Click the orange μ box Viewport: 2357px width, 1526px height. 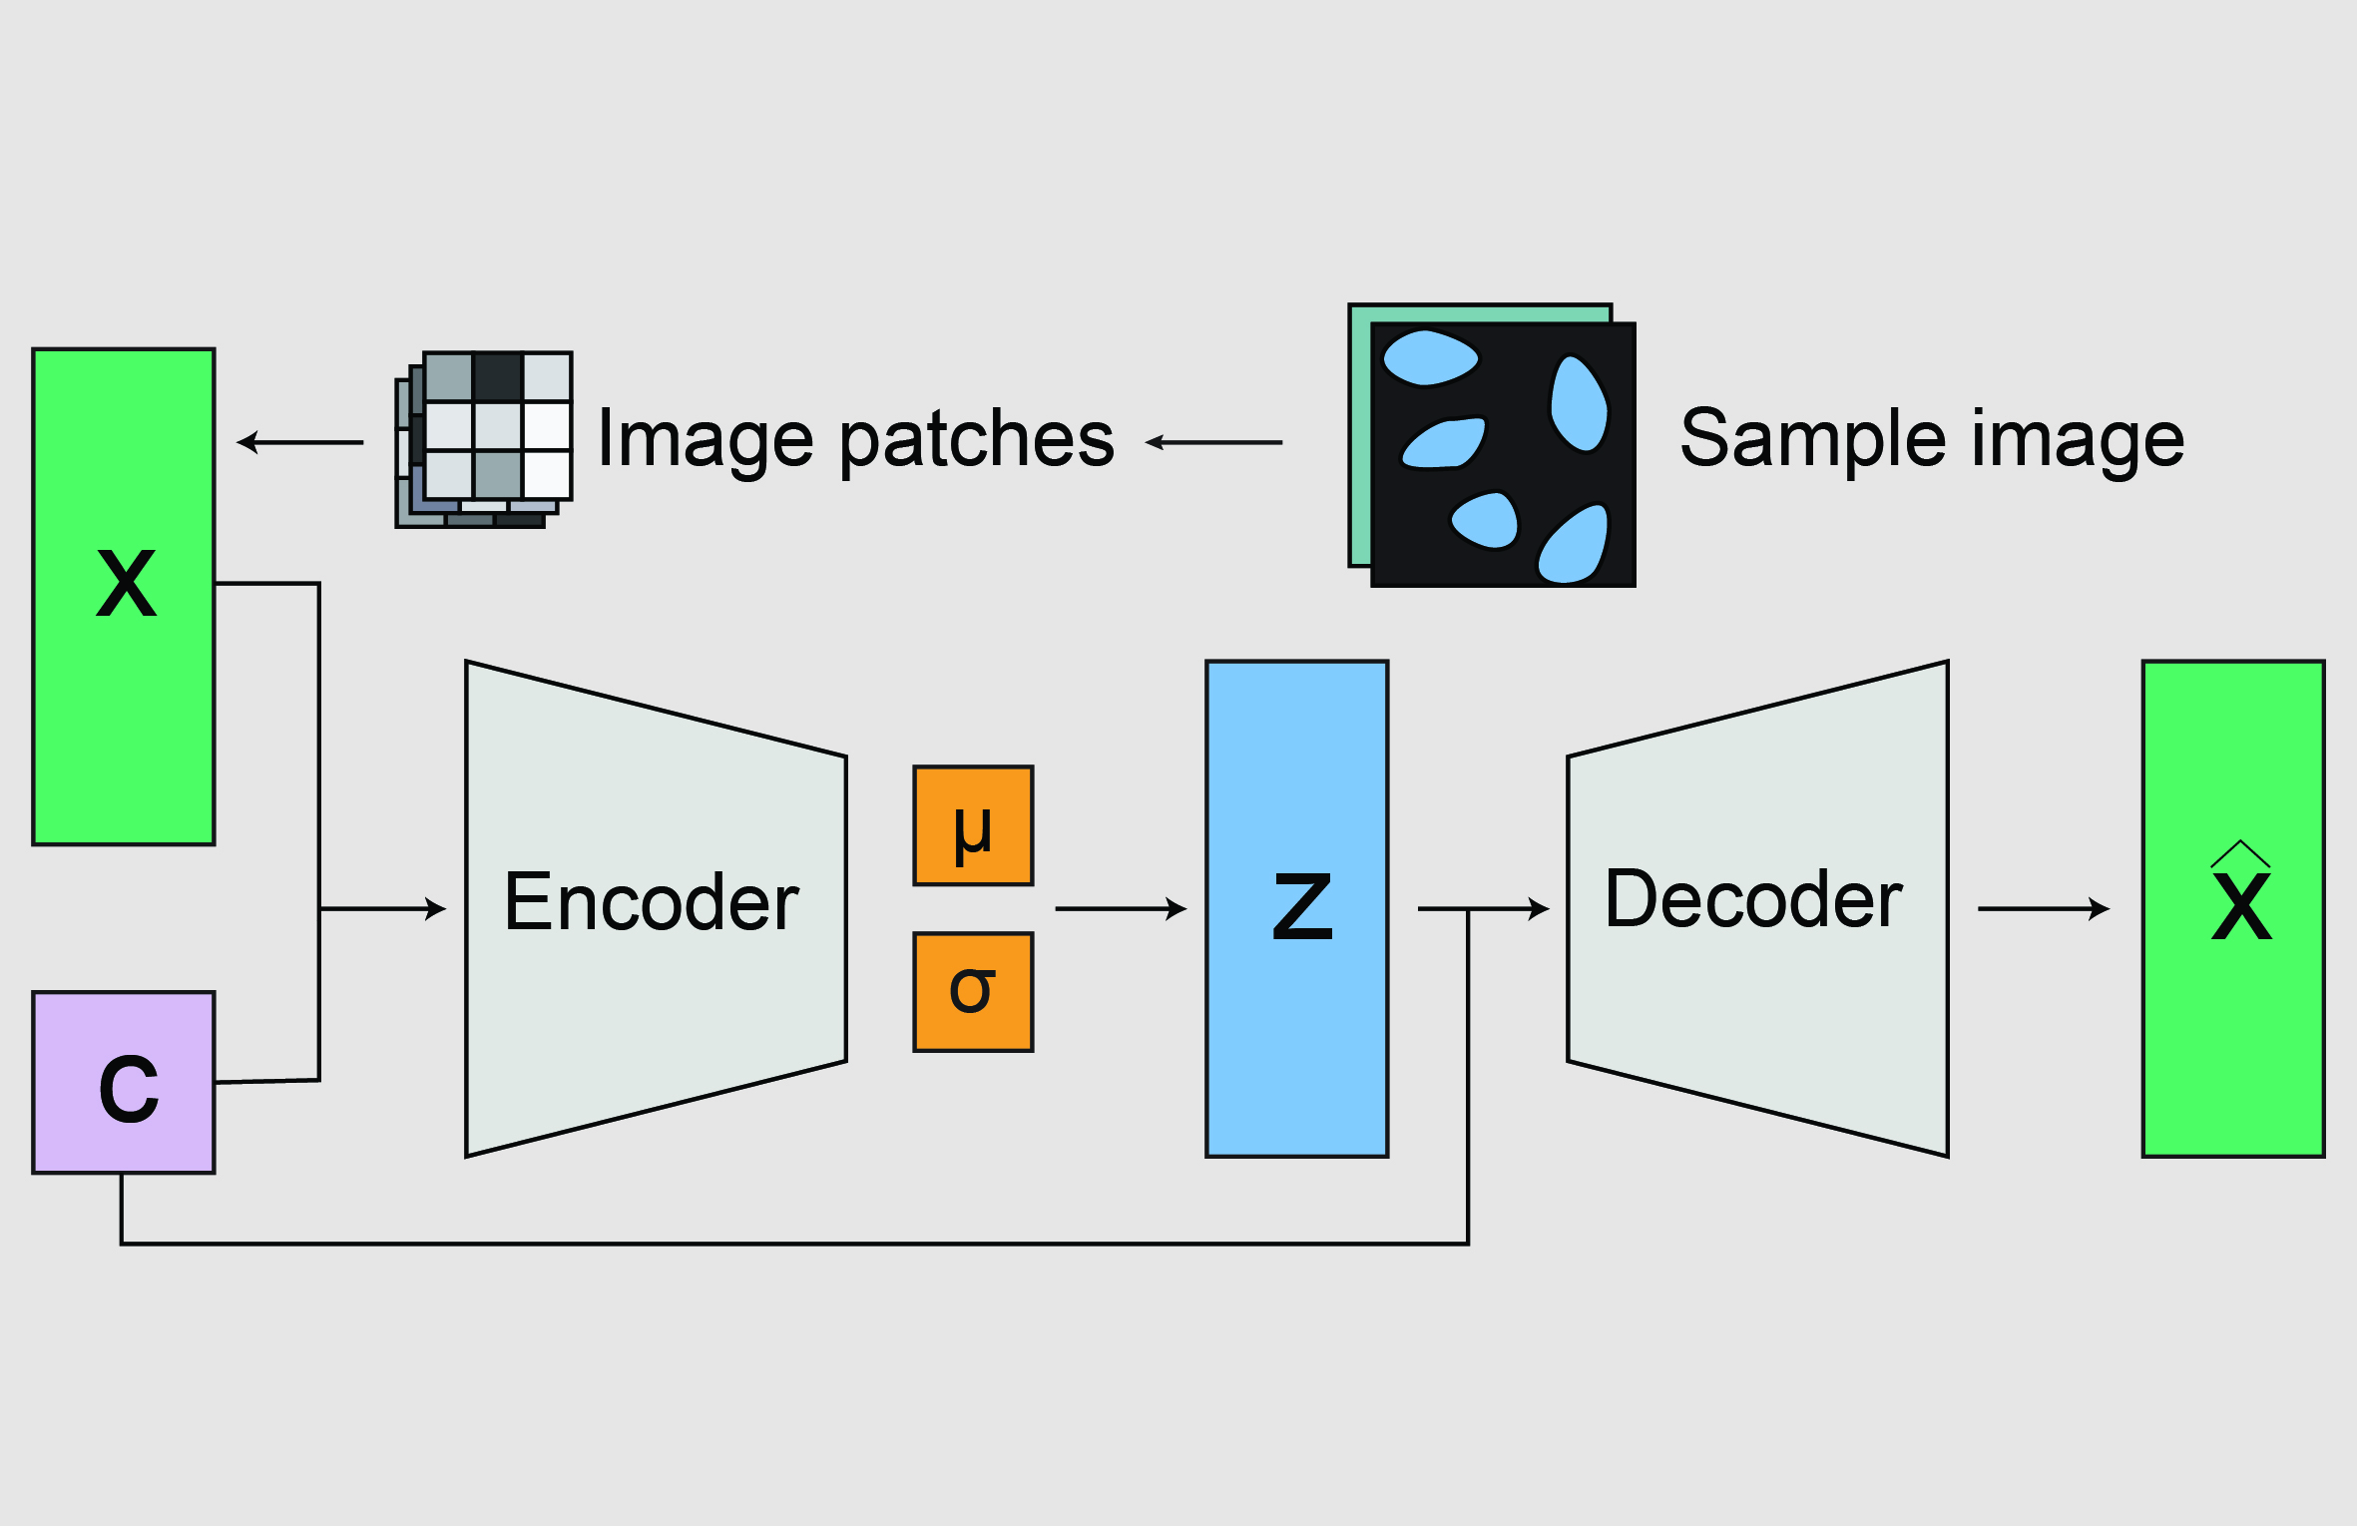pyautogui.click(x=973, y=825)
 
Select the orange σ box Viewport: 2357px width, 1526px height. pyautogui.click(x=973, y=992)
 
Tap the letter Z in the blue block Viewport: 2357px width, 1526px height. pyautogui.click(x=1302, y=906)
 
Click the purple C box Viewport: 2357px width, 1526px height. pyautogui.click(x=125, y=1083)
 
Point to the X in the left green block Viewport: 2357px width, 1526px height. pyautogui.click(x=126, y=584)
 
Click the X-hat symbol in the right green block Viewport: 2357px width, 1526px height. pyautogui.click(x=2241, y=898)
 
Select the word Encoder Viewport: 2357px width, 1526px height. pyautogui.click(x=651, y=903)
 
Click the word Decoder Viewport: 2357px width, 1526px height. pyautogui.click(x=1753, y=900)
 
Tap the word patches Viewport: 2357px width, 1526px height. pyautogui.click(x=976, y=441)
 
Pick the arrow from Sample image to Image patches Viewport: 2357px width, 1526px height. pyautogui.click(x=1212, y=442)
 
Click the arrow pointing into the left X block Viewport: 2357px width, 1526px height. pyautogui.click(x=299, y=442)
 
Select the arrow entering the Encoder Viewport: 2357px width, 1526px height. pyautogui.click(x=384, y=909)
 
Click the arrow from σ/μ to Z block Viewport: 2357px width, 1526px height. pyautogui.click(x=1120, y=909)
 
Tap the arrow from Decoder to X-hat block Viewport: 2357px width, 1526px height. pyautogui.click(x=2043, y=909)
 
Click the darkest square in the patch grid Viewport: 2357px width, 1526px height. pyautogui.click(x=498, y=377)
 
